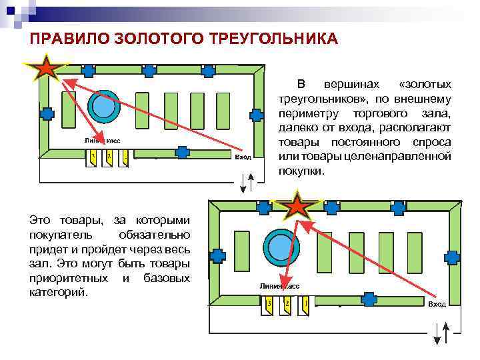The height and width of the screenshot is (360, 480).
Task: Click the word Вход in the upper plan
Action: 244,157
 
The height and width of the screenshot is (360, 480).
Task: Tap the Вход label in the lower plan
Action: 437,304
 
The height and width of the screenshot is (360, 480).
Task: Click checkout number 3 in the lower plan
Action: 269,305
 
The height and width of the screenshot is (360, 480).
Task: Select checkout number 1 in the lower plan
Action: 305,305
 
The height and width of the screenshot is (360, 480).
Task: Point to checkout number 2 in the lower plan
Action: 287,305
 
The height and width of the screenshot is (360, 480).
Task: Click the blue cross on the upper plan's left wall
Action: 47,114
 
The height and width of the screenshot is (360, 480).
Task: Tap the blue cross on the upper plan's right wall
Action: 256,114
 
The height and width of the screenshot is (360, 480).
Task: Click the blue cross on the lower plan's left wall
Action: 217,255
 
